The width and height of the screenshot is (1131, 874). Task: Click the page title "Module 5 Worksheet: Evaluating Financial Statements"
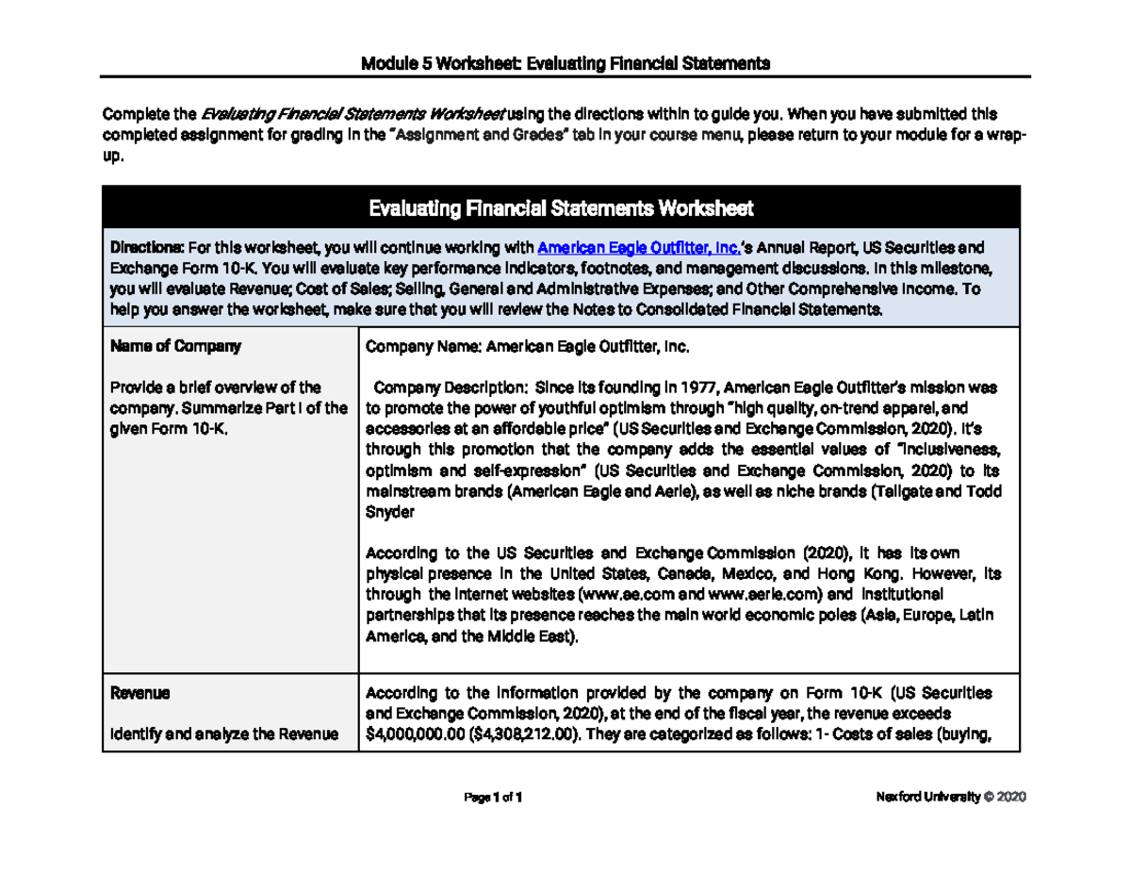point(565,64)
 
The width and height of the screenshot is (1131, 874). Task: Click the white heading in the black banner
point(561,206)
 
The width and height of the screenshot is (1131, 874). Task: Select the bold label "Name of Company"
point(176,346)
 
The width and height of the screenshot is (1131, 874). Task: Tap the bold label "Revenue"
point(140,693)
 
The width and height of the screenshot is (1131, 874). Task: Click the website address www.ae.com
point(619,595)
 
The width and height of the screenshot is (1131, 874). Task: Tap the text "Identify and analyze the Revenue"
point(224,733)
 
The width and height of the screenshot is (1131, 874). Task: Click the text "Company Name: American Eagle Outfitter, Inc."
point(528,346)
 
